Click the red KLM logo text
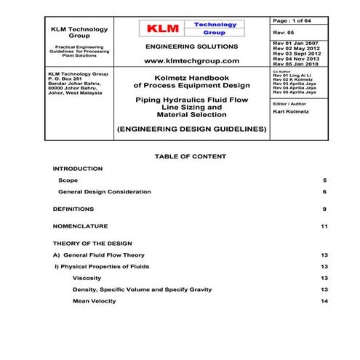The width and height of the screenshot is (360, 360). tap(162, 28)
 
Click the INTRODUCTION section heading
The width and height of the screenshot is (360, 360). tap(78, 168)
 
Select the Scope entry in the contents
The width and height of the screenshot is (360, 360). tap(68, 180)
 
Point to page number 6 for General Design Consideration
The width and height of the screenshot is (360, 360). tap(325, 191)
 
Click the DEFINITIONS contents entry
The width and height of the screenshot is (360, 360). tap(73, 209)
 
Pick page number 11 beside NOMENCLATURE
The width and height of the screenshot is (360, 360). tap(324, 226)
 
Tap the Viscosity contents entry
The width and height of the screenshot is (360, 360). tap(87, 279)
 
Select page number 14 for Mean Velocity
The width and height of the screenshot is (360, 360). tap(324, 301)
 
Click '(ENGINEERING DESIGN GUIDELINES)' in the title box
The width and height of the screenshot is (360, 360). tap(191, 129)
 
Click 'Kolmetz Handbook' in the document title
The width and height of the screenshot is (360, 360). tap(191, 76)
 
